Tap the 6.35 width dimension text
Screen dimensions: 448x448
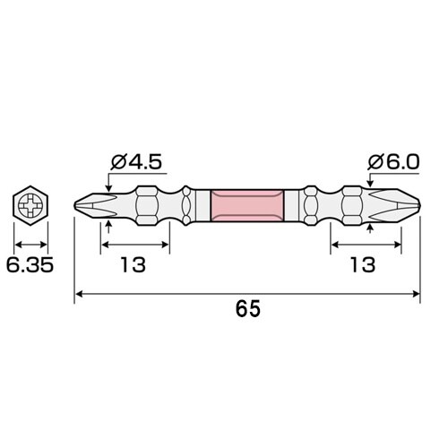click(x=32, y=265)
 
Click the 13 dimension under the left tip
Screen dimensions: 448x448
click(x=132, y=265)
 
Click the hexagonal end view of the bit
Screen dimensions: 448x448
click(x=32, y=208)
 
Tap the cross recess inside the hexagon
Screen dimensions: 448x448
click(x=32, y=208)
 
